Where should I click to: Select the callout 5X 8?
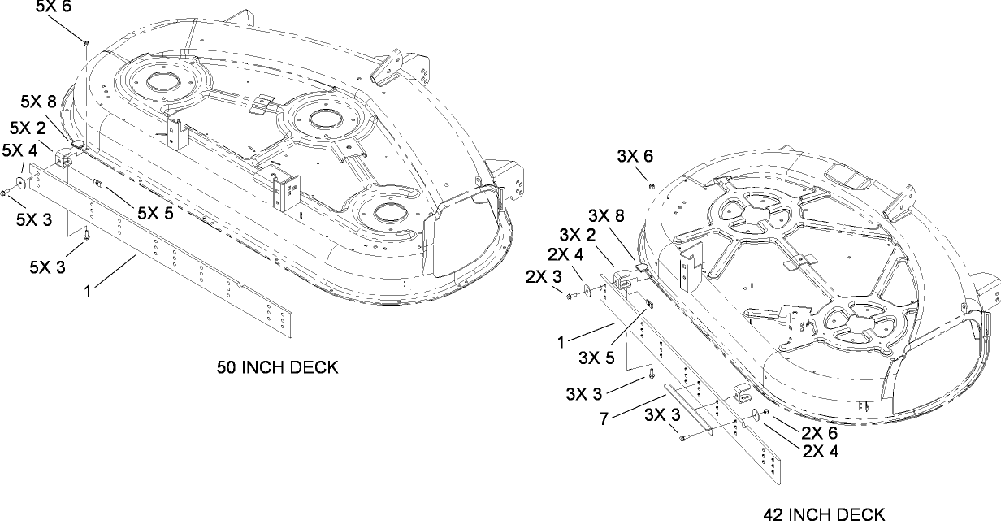38,102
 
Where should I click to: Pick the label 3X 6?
635,157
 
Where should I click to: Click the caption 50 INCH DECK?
277,367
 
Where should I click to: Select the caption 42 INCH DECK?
824,514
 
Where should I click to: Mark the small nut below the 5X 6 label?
85,39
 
